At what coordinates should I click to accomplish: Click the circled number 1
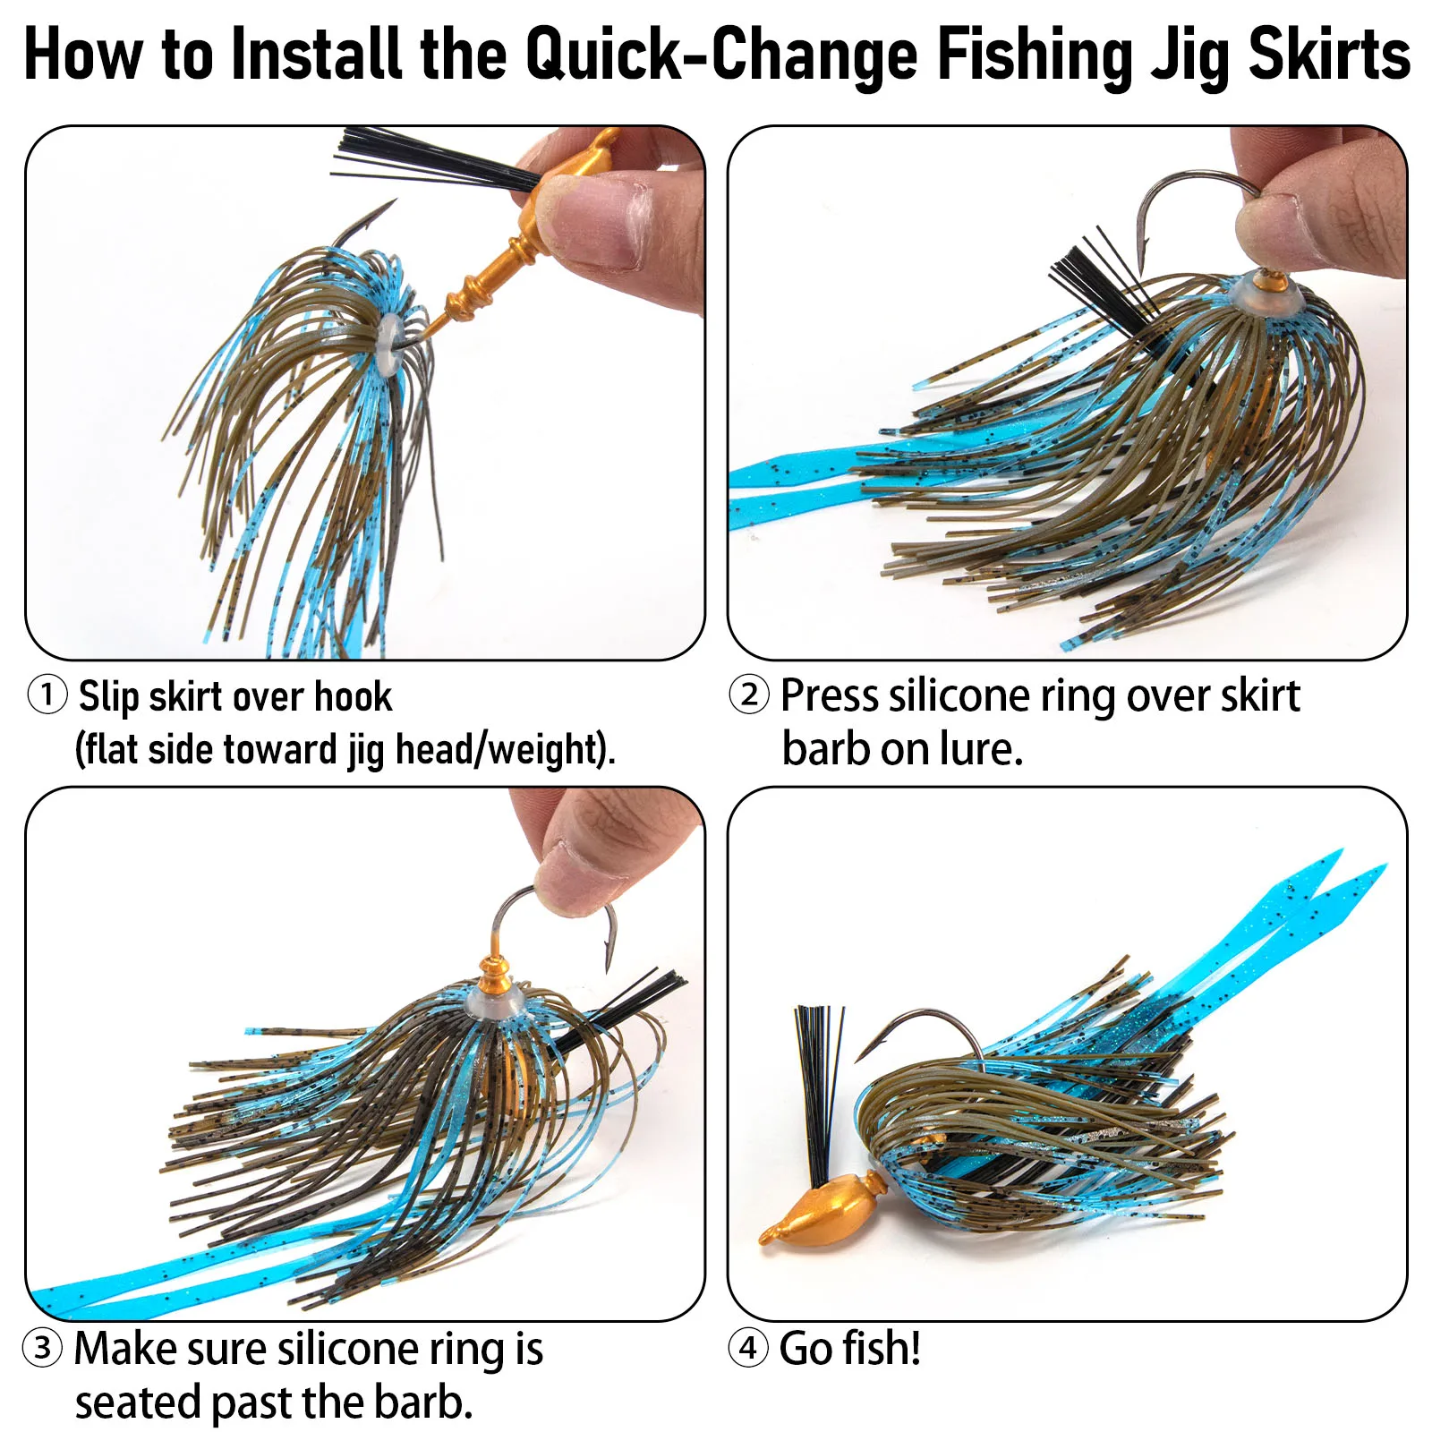tap(47, 695)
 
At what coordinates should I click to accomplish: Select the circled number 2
tap(749, 695)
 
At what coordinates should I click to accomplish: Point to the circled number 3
tap(43, 1348)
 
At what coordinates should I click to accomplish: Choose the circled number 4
tap(748, 1348)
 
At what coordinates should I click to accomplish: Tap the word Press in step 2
tap(829, 696)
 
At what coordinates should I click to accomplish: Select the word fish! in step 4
tap(881, 1348)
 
